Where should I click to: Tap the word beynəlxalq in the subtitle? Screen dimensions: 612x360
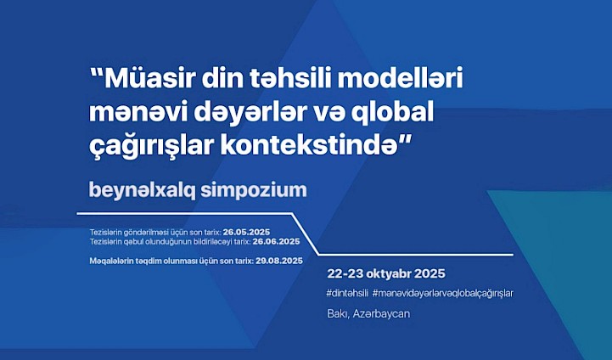point(142,190)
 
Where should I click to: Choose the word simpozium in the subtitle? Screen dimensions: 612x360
point(254,190)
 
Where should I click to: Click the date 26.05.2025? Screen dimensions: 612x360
point(247,233)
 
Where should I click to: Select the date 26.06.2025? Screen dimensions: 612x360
point(277,242)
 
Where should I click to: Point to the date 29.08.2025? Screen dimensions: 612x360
point(279,261)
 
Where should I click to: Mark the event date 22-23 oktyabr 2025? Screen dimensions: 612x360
point(386,273)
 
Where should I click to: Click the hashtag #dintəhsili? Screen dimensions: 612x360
point(347,294)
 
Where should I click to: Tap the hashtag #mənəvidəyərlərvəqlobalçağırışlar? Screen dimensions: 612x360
point(443,294)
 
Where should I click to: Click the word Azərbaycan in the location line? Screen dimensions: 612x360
point(381,314)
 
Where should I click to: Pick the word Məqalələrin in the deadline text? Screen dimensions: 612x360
point(112,262)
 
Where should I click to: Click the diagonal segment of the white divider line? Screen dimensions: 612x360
point(306,234)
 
